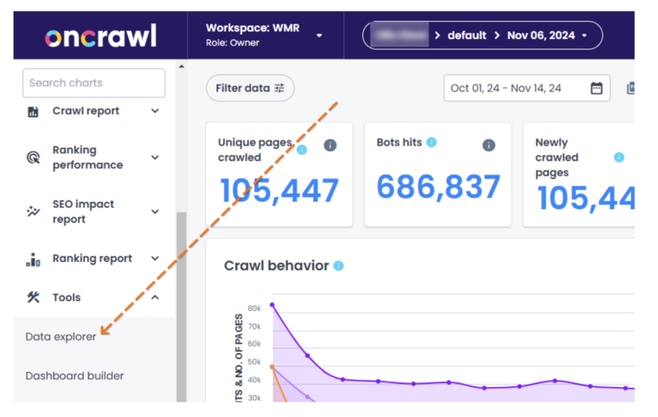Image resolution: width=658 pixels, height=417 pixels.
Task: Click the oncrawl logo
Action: (x=101, y=36)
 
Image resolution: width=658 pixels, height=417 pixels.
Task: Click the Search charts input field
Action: (x=93, y=83)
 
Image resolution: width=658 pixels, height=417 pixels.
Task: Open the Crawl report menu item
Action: (x=86, y=111)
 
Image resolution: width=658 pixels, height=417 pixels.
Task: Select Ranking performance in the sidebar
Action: (x=87, y=157)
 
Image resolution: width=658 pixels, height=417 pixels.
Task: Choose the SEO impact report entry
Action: (x=83, y=211)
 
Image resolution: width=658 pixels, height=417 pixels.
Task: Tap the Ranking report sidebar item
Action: (x=92, y=258)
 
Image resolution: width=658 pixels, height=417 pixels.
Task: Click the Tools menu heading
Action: (x=67, y=297)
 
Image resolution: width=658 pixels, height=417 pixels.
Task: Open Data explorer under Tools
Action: (x=61, y=337)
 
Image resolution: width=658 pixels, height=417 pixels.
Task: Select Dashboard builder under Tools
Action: (x=75, y=376)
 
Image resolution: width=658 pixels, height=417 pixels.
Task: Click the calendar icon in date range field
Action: (x=596, y=88)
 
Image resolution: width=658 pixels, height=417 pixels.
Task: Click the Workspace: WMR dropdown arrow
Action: (x=319, y=36)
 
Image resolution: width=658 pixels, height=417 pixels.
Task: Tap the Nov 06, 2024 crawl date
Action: (x=541, y=36)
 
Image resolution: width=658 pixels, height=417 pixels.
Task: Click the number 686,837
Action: (x=438, y=187)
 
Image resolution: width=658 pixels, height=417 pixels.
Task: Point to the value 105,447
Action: (x=279, y=190)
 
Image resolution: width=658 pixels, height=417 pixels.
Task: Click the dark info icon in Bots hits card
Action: (x=488, y=145)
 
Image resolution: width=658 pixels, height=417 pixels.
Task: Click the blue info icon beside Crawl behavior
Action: (x=339, y=265)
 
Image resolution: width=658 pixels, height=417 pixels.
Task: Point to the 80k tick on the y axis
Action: (x=254, y=308)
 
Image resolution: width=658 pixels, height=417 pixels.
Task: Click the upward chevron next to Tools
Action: (x=155, y=297)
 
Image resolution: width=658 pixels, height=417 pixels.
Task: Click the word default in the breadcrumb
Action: (x=467, y=36)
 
